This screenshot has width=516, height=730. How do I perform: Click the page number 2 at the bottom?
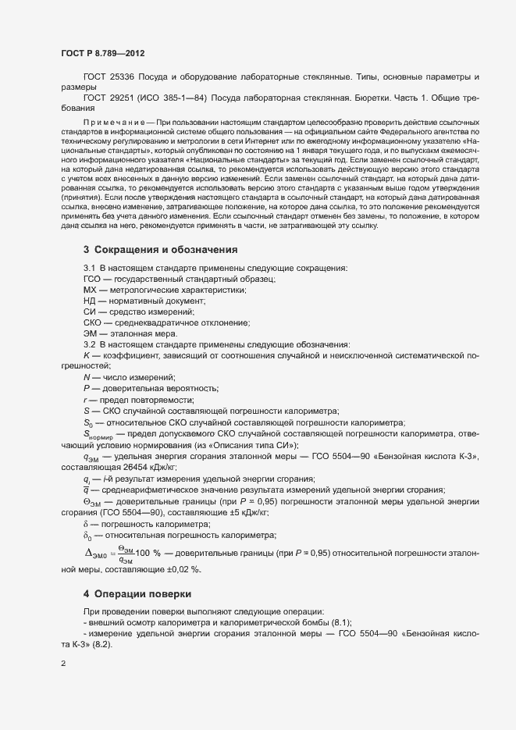tap(63, 664)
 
